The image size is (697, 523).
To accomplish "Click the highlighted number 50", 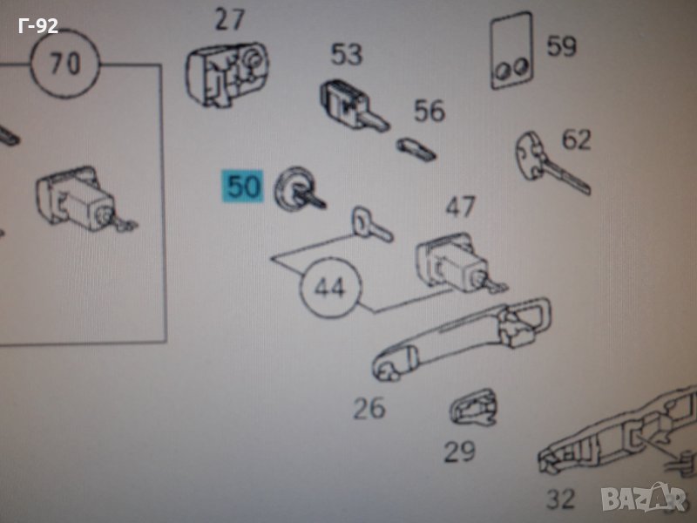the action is click(x=243, y=187).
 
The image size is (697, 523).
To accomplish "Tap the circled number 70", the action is click(x=65, y=63).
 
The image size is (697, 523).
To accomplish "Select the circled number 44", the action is click(x=330, y=288).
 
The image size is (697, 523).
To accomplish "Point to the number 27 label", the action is click(x=230, y=20).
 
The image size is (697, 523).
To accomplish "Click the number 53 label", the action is click(x=346, y=54).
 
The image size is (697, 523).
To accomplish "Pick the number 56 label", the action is click(x=430, y=111).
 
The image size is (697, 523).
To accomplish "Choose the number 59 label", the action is click(x=561, y=46).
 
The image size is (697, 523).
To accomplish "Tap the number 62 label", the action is click(x=577, y=140).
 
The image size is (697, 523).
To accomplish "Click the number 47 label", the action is click(x=461, y=207).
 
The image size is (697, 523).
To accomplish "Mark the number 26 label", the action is click(x=369, y=408).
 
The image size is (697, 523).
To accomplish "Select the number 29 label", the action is click(x=460, y=452).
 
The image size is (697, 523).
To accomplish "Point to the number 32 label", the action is click(x=560, y=499).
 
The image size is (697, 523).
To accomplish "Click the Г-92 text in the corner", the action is click(x=38, y=26).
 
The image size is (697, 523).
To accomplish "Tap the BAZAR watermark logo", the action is click(x=644, y=498).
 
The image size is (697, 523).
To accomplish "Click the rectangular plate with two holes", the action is click(x=512, y=51).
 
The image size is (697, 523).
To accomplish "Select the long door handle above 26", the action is click(x=462, y=339).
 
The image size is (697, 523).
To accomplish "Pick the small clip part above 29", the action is click(x=473, y=408).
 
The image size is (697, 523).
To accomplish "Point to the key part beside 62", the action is click(x=552, y=162).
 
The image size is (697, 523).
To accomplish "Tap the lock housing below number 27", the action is click(x=227, y=74).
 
